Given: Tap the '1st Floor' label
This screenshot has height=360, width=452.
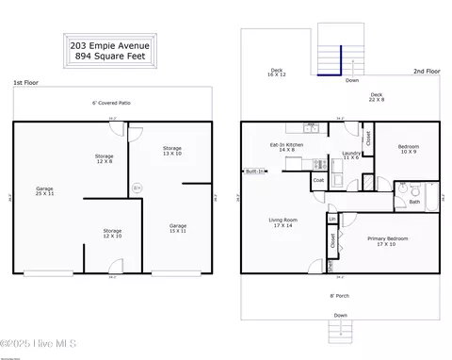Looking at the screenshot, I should (x=24, y=84).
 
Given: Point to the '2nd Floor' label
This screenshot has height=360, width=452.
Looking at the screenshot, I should (x=426, y=72).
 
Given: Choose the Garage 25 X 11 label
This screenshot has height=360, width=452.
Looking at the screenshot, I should (x=44, y=191).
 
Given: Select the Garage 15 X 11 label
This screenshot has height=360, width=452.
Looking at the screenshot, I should (x=178, y=228).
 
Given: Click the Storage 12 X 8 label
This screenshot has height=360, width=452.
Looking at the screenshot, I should (x=104, y=158).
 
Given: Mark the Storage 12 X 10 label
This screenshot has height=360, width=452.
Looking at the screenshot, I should (x=112, y=233).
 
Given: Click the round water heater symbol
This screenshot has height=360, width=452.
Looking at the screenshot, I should (x=137, y=188).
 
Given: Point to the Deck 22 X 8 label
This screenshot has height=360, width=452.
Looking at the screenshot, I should (x=377, y=96).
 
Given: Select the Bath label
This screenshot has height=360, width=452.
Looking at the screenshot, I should (x=414, y=201).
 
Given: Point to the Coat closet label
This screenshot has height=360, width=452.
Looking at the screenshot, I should (x=318, y=180).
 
